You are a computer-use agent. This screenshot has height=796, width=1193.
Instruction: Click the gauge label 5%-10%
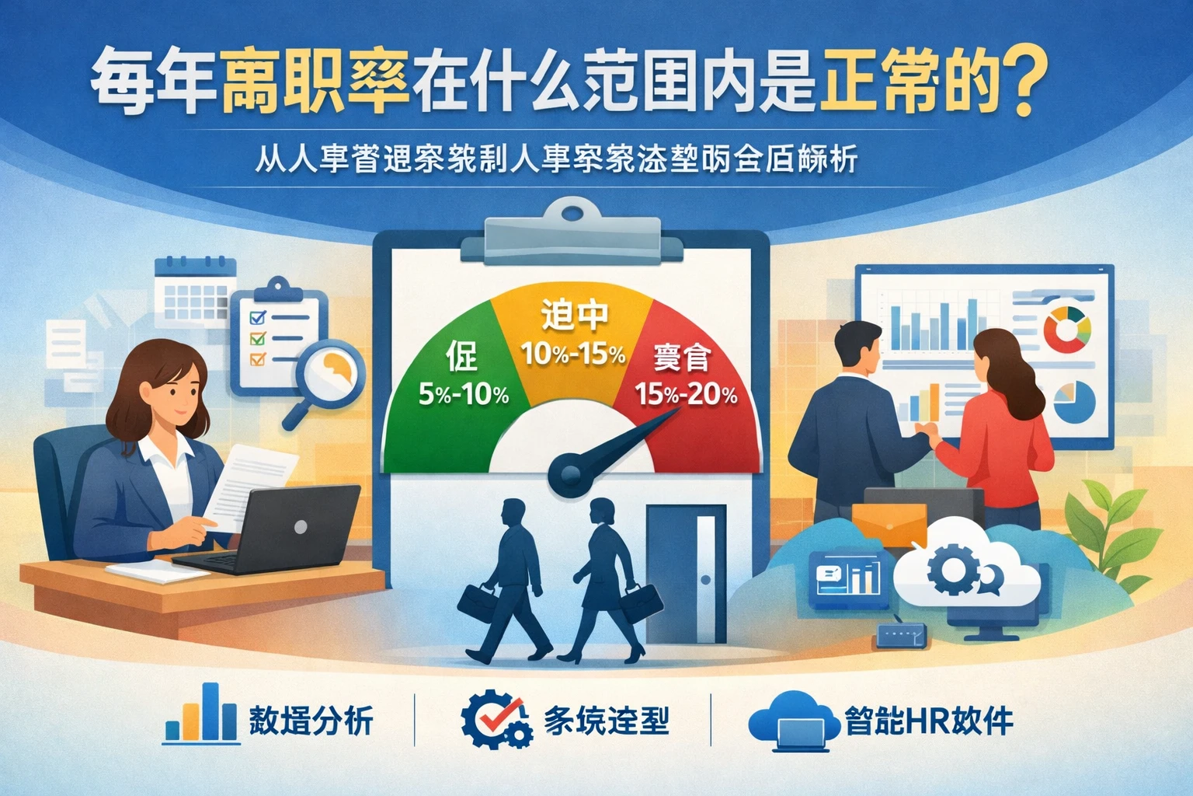[464, 395]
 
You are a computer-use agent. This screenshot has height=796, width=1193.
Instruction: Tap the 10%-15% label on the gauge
[573, 354]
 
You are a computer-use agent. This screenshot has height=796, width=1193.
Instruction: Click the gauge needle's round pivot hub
[565, 473]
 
